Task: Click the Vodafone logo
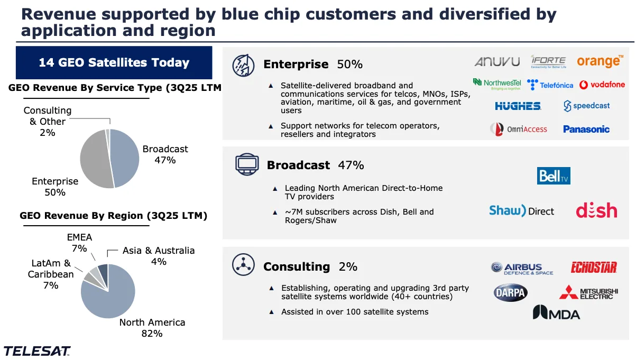[x=602, y=85]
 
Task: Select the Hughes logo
[x=518, y=106]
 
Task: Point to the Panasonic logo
[x=586, y=129]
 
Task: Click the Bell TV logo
[x=554, y=176]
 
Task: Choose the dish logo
[x=596, y=211]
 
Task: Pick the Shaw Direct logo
[x=521, y=211]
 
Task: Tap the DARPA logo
[x=510, y=292]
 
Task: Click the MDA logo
[x=556, y=313]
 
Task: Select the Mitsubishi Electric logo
[x=588, y=292]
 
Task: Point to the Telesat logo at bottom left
[x=37, y=350]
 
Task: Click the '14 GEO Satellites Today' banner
[x=114, y=63]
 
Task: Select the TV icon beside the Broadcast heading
[x=246, y=165]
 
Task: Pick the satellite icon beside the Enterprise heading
[x=243, y=65]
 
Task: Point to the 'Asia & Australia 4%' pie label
[x=159, y=256]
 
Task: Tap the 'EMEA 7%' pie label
[x=79, y=243]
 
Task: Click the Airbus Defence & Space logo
[x=522, y=269]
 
